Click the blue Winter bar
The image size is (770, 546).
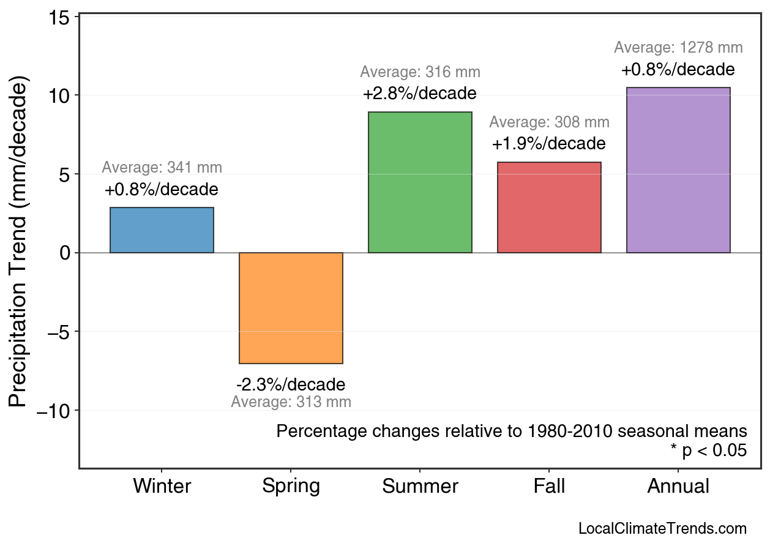[x=162, y=230]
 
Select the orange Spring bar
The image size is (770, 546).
[x=291, y=308]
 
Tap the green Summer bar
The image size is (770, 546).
[x=420, y=182]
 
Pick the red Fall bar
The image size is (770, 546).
[x=549, y=208]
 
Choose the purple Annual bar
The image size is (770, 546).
[x=678, y=170]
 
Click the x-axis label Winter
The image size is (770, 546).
[x=162, y=487]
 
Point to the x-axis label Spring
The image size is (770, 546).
[x=291, y=487]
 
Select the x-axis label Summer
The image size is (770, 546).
[x=420, y=487]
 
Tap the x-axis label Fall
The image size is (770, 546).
[x=549, y=487]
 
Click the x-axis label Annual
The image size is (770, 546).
[x=678, y=487]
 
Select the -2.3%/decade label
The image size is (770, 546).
[x=291, y=385]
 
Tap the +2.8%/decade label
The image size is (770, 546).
[x=420, y=94]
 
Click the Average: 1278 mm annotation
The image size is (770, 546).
[x=678, y=48]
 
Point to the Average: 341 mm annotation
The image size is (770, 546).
[x=162, y=168]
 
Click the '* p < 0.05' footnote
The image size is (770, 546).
[x=708, y=451]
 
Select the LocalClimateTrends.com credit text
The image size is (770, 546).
[x=662, y=529]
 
